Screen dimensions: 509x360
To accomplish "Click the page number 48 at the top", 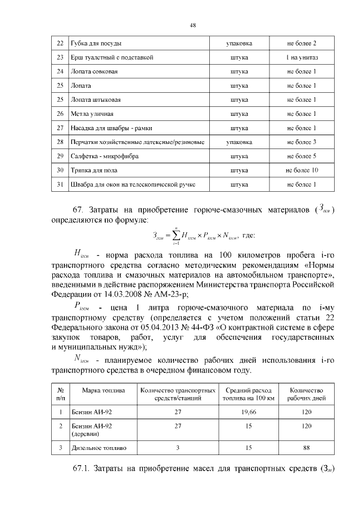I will [x=192, y=25].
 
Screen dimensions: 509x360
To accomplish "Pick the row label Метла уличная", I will [x=89, y=114].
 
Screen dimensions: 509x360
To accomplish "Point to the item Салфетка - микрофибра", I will [x=105, y=156].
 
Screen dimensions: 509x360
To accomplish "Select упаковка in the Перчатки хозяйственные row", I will [x=239, y=142].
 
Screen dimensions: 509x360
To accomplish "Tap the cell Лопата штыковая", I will [x=96, y=100].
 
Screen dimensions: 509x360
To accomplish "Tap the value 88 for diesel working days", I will [x=306, y=448].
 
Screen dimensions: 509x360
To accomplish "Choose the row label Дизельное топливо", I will [x=98, y=448].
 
